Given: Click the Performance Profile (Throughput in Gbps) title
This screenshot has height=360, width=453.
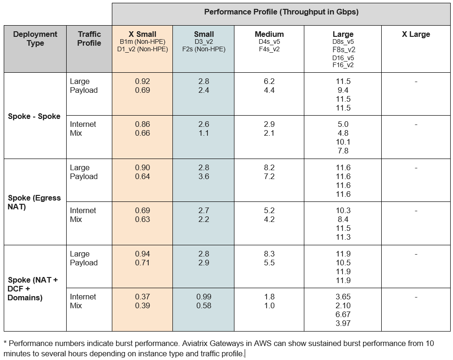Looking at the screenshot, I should [x=281, y=12].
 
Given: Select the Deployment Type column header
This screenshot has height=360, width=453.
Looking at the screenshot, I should [x=35, y=39].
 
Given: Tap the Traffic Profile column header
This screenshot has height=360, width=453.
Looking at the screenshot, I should [x=89, y=39].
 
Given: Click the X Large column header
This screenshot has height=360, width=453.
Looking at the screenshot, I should [x=416, y=35].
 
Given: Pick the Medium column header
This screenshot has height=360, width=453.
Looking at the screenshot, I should [x=269, y=35].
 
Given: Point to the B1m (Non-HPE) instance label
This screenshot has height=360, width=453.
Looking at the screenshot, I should [x=142, y=42].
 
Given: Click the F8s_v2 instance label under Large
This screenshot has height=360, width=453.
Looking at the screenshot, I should [x=343, y=49].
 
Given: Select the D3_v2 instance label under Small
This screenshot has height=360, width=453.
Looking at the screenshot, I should [x=204, y=42].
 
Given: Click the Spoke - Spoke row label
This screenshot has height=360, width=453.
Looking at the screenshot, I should [x=34, y=116].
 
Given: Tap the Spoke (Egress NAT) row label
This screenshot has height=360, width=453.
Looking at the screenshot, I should [x=34, y=202].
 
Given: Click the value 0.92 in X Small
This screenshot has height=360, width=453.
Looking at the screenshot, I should [x=142, y=81].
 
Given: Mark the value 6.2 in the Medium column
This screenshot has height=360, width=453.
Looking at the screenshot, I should [x=269, y=81].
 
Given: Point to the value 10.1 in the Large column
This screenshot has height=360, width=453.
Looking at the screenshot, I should [x=343, y=142].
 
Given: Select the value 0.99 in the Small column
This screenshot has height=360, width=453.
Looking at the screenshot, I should [x=204, y=297].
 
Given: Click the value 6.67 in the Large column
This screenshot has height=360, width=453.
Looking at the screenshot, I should [x=343, y=314].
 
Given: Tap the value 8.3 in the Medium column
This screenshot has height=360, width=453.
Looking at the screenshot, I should [x=269, y=254].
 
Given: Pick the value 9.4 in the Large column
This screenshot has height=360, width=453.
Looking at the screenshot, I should [x=343, y=90].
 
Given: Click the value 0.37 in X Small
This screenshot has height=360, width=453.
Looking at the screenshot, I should [x=142, y=297].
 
